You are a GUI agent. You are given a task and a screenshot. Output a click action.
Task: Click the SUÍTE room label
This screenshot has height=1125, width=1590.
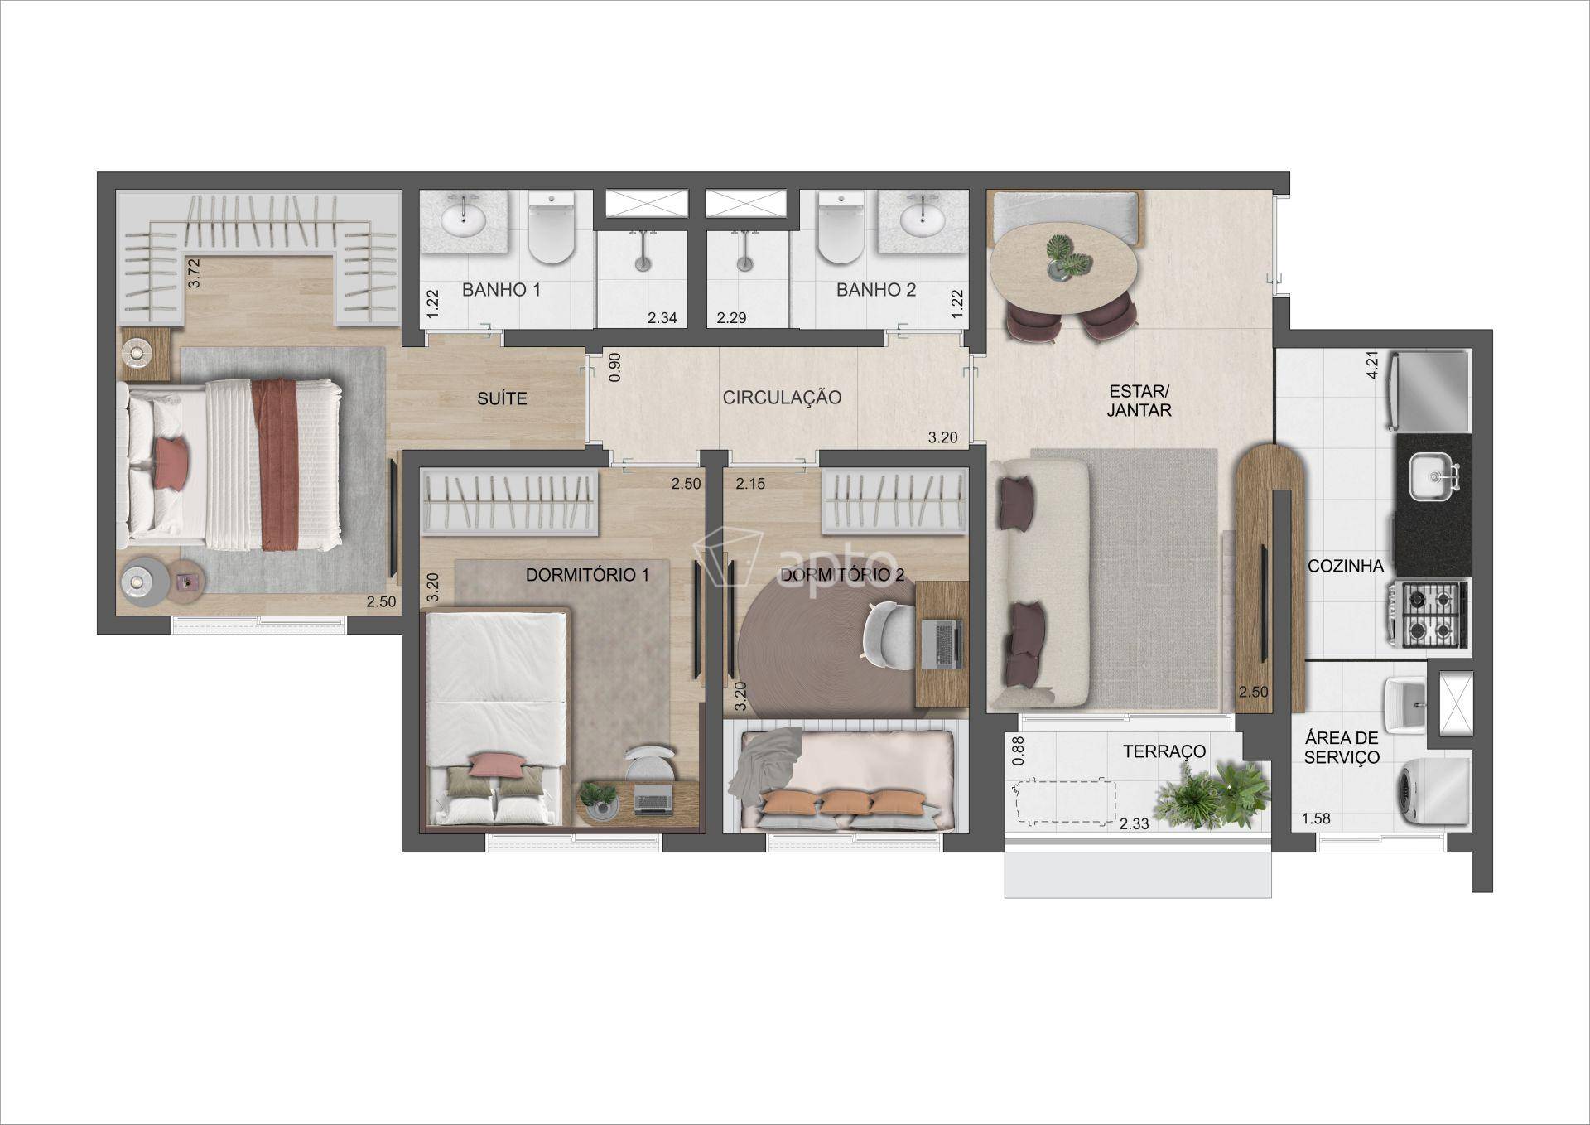tap(502, 398)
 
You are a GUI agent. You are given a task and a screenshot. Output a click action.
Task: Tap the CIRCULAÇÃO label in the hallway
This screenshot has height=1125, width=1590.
tap(782, 398)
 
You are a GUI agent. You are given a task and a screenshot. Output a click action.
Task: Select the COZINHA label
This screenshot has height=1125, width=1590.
tap(1346, 566)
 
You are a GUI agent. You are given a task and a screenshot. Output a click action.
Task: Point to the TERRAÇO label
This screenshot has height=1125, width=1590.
tap(1164, 751)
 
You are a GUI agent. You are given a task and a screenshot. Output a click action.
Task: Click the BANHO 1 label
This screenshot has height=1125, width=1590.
tap(501, 290)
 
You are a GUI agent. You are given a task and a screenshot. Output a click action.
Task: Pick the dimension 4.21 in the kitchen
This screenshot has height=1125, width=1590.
tap(1372, 365)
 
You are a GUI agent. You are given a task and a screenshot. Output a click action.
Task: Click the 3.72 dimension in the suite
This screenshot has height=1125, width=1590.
tap(194, 273)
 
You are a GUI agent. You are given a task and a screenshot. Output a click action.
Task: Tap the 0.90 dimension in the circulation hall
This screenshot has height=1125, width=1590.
tap(614, 367)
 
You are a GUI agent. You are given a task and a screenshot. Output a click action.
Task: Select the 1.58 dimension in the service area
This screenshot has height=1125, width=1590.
tap(1315, 818)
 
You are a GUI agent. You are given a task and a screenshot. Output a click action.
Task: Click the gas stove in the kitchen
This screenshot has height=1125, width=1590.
tap(1429, 614)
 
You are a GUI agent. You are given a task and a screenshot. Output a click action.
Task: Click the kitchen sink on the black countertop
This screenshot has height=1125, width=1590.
tap(1433, 477)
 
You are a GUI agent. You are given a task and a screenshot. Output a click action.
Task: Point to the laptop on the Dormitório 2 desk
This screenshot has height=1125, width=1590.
tap(942, 644)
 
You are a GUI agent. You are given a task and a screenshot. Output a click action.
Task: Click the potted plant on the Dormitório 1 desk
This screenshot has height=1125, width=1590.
tap(598, 797)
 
